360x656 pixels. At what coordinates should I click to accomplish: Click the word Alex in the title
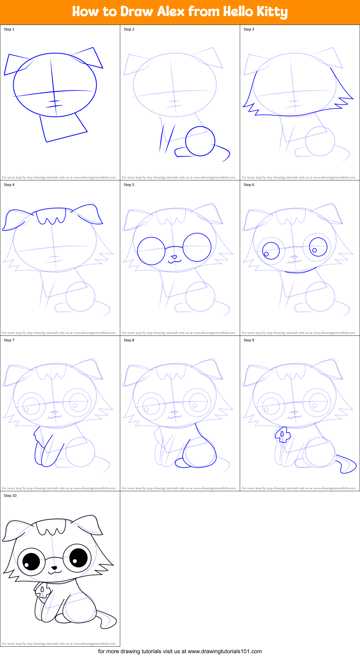[171, 12]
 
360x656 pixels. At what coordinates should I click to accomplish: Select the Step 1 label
[9, 29]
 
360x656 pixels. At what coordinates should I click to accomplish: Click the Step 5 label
[129, 185]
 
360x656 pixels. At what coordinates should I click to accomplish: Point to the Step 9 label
[249, 340]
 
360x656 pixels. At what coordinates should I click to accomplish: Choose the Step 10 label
[10, 496]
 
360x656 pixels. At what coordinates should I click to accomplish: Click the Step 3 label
[249, 29]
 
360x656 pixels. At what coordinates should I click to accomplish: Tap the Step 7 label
[9, 340]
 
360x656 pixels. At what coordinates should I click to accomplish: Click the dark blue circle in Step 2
[200, 141]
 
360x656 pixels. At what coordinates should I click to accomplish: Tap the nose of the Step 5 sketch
[174, 257]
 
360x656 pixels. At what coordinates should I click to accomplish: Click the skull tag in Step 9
[283, 435]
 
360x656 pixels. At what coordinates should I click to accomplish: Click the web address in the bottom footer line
[225, 651]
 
